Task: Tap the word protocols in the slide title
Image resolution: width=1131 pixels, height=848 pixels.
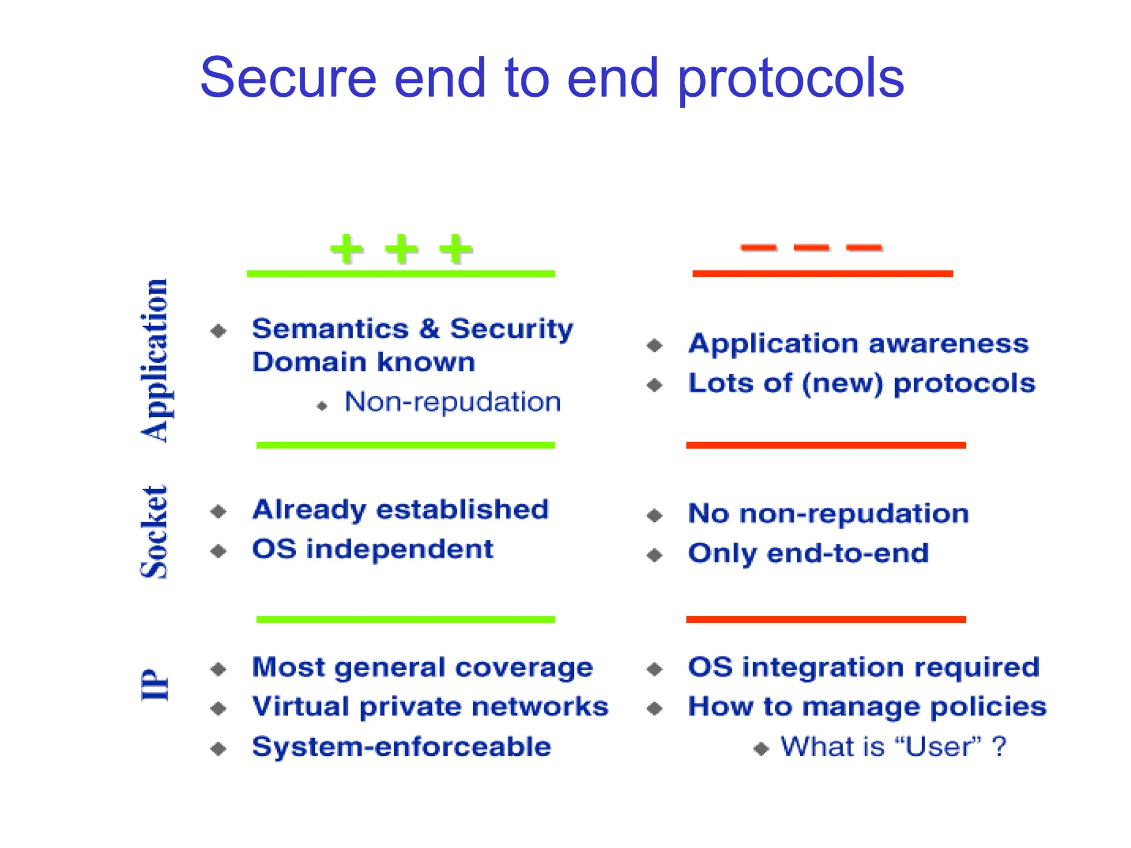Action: (x=790, y=80)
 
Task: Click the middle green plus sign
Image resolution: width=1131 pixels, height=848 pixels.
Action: (x=401, y=249)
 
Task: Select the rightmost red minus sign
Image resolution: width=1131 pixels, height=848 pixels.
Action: (x=864, y=247)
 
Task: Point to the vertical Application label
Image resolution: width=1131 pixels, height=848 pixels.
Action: (x=155, y=360)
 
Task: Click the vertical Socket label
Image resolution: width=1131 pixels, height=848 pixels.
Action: (x=154, y=532)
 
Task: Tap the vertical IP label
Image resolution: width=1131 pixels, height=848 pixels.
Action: (x=155, y=685)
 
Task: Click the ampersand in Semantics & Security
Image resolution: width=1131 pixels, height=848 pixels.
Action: (x=429, y=328)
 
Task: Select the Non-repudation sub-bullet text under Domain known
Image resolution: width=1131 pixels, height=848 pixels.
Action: (x=453, y=402)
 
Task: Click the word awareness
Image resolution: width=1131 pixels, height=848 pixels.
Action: (x=948, y=343)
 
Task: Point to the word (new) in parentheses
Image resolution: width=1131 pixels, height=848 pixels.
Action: (x=843, y=383)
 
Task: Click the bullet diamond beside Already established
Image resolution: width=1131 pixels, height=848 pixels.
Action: (x=219, y=511)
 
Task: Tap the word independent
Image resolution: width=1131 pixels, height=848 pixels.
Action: (x=400, y=549)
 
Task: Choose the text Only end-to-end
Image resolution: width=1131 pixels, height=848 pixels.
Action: (x=808, y=553)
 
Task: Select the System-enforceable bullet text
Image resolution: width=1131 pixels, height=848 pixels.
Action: (x=401, y=746)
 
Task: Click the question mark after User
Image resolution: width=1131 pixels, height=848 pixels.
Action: (x=999, y=746)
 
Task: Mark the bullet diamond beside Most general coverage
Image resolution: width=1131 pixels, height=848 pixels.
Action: (x=219, y=669)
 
